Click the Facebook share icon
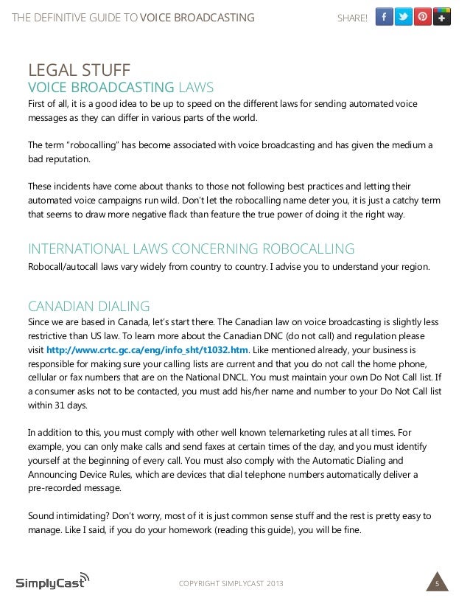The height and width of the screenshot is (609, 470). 385,16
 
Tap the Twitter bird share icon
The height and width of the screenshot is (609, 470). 404,16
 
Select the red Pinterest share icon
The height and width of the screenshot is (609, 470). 423,16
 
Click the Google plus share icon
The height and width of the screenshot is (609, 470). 442,16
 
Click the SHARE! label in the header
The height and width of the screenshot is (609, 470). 352,18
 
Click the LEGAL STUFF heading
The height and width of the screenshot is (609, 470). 79,72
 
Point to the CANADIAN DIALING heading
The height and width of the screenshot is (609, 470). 88,305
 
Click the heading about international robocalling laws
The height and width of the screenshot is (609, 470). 191,248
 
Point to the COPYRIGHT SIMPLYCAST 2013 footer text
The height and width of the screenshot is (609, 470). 231,585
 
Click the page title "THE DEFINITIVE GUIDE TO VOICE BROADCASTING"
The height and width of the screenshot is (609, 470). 133,18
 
